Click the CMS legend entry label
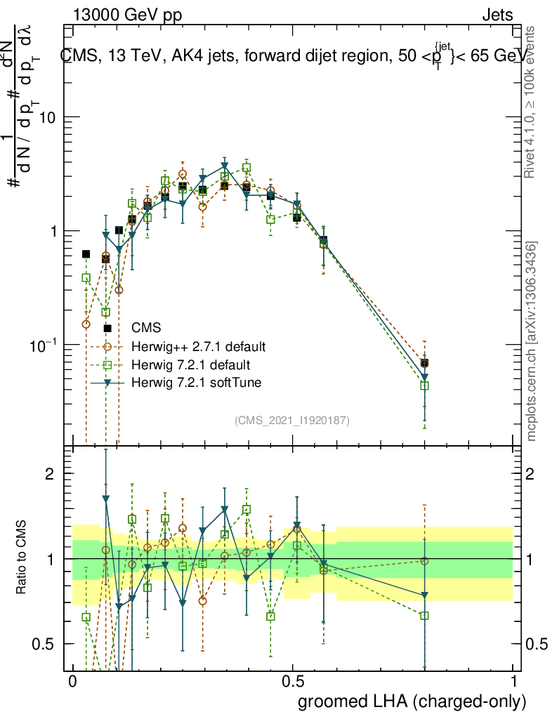147,328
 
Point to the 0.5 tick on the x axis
293,682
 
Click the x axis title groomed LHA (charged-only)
412,701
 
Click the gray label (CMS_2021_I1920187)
292,420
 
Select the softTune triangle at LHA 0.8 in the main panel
424,377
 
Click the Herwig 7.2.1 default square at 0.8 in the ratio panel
424,616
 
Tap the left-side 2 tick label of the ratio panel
50,474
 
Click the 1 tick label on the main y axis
52,232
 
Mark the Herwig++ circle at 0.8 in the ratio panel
424,560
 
